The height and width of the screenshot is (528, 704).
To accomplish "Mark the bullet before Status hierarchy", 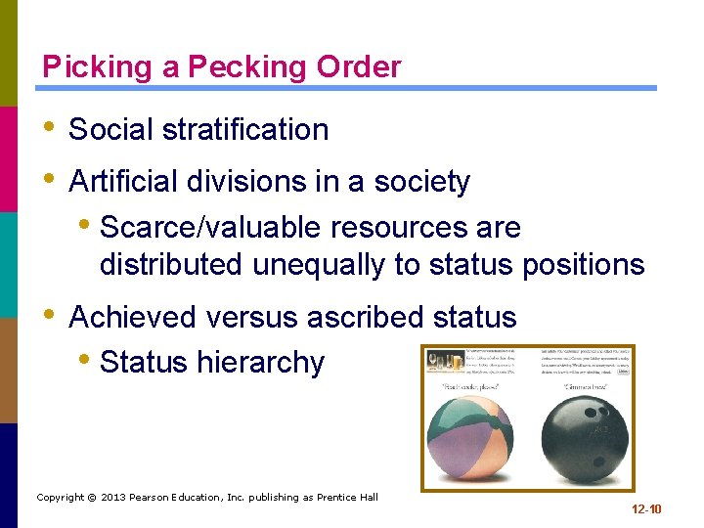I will (x=87, y=362).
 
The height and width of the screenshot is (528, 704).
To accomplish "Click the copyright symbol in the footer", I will (x=91, y=498).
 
